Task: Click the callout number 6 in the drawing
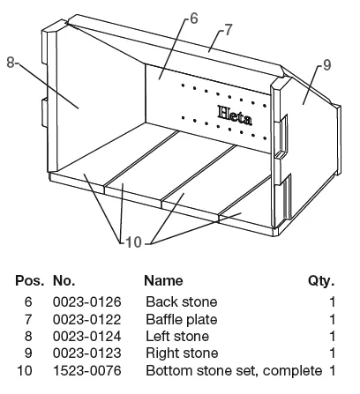(194, 19)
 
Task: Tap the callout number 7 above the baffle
(229, 30)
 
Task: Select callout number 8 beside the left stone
(11, 63)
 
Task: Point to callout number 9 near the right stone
(327, 65)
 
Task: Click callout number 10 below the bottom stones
(134, 242)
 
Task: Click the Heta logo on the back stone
(235, 115)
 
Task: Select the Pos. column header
(30, 281)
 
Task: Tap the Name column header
(163, 281)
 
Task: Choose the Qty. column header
(321, 281)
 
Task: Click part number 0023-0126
(87, 302)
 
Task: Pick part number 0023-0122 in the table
(87, 319)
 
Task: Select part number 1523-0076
(87, 370)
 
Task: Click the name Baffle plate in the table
(182, 319)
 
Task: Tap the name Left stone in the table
(177, 336)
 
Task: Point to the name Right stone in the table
(182, 353)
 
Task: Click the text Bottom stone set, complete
(234, 371)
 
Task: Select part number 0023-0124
(87, 336)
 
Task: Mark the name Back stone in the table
(182, 302)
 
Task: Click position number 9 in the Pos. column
(28, 353)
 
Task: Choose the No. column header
(64, 281)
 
